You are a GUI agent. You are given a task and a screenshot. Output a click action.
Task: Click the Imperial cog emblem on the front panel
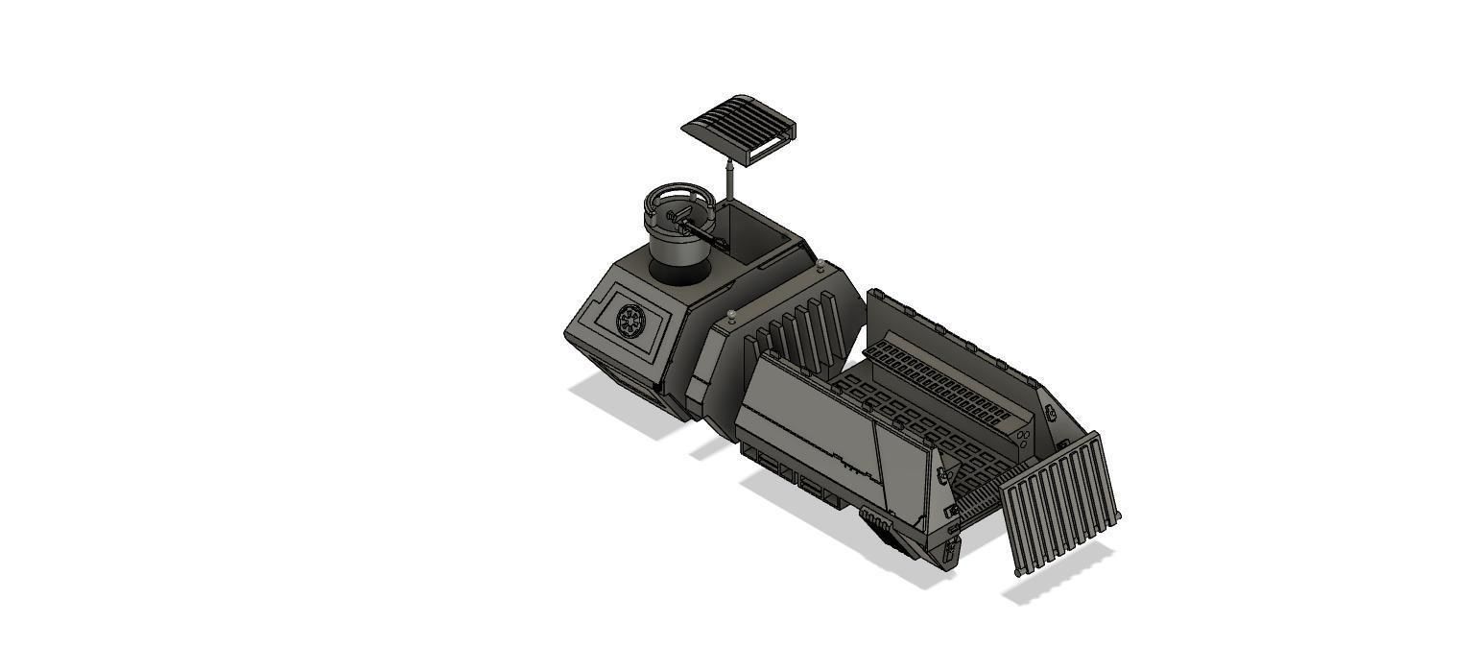pos(630,320)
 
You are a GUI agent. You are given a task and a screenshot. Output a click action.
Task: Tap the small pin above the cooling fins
pos(733,315)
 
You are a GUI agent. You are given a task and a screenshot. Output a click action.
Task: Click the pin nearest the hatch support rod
pos(821,264)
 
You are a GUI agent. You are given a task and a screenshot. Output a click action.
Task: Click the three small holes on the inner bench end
pos(1025,438)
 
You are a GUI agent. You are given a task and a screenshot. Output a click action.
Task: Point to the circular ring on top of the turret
pos(678,204)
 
